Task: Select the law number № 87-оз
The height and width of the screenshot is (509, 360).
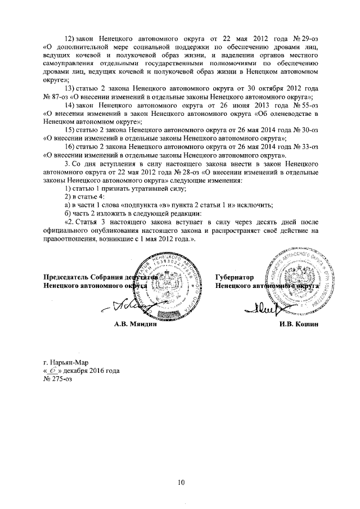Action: (x=55, y=96)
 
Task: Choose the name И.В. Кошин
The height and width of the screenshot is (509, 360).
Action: (x=295, y=324)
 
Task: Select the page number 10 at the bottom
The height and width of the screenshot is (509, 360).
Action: (x=181, y=481)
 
